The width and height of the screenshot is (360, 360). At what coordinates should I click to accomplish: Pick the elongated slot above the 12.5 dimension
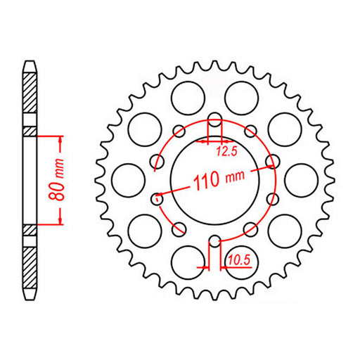[215, 121]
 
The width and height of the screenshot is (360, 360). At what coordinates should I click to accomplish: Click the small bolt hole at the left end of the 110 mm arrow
[158, 198]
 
